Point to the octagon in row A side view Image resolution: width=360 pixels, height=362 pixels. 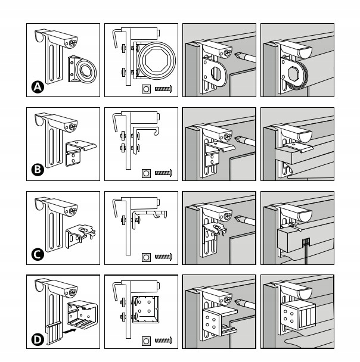(x=154, y=61)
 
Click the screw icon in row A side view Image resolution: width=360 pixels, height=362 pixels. (x=163, y=89)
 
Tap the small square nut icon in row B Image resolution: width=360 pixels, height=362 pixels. (x=146, y=173)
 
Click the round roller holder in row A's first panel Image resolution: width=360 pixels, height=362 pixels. (x=83, y=70)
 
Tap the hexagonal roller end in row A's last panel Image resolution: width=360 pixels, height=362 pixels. (x=293, y=73)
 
